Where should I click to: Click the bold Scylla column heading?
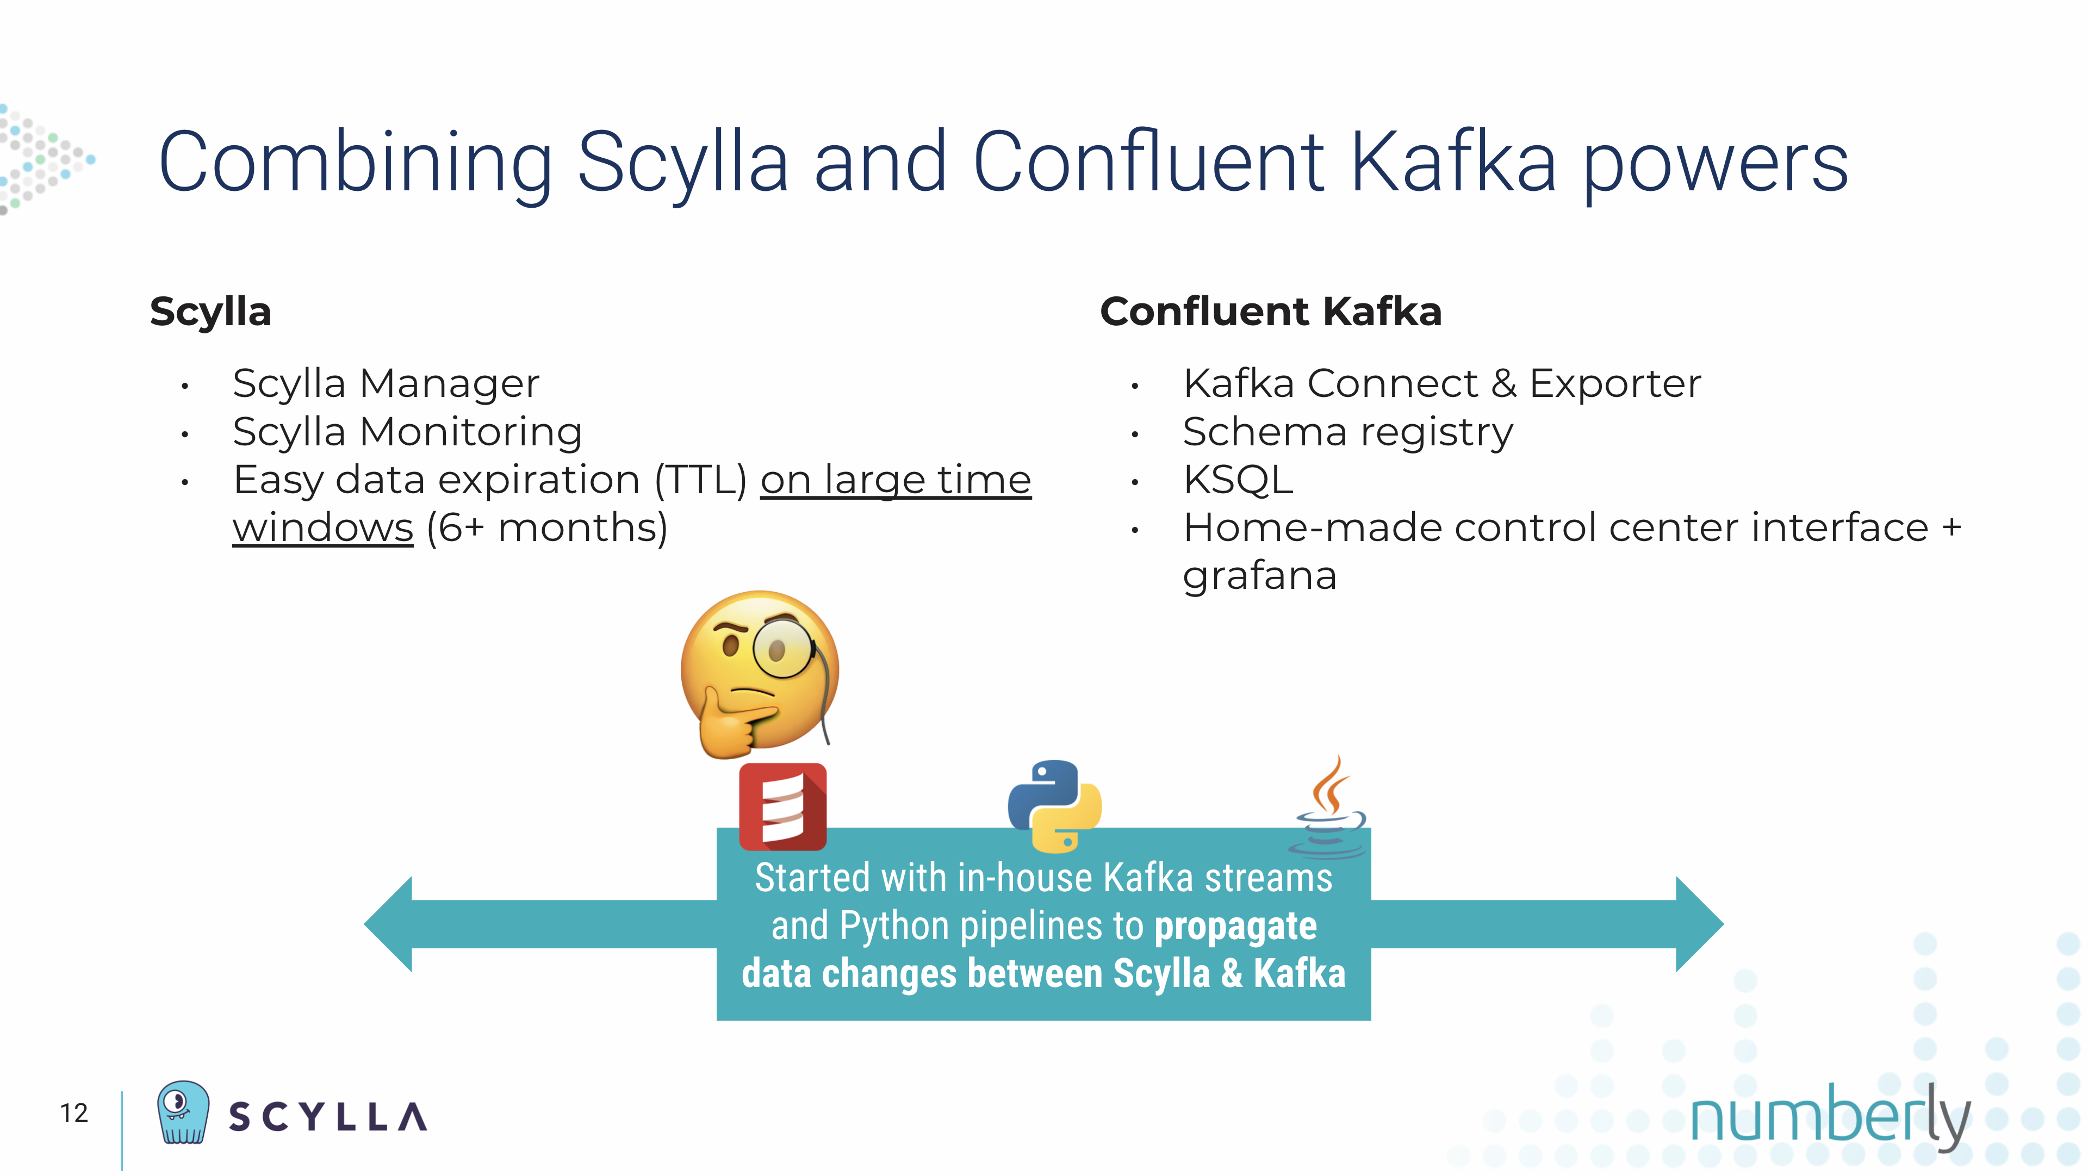pos(211,312)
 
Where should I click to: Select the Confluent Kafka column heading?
pos(1271,312)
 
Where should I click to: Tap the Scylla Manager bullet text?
pos(386,383)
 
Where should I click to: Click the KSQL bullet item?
pos(1238,480)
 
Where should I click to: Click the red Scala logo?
pos(783,807)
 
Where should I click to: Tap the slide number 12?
pos(74,1113)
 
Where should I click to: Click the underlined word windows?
pos(324,528)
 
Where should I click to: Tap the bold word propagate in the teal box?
pos(1235,927)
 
